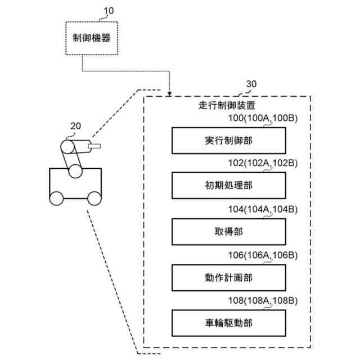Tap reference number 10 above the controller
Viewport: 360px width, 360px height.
tap(109, 11)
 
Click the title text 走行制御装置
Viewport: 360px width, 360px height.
tap(227, 106)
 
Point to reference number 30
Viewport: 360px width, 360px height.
tap(251, 84)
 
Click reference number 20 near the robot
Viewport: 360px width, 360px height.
tap(75, 126)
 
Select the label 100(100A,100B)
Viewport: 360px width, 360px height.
tap(263, 118)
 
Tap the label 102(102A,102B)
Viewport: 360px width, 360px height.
tap(263, 163)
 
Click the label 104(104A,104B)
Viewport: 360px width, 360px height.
tap(263, 209)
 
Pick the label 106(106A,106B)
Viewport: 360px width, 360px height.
tap(263, 255)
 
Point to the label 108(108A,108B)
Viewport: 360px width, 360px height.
tap(263, 300)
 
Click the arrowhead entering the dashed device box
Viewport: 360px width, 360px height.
tap(169, 94)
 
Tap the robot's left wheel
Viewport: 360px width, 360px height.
tap(56, 199)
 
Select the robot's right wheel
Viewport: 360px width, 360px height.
tap(94, 199)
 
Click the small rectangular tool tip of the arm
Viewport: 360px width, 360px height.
tap(94, 146)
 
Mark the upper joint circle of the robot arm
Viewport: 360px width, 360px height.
tap(67, 147)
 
